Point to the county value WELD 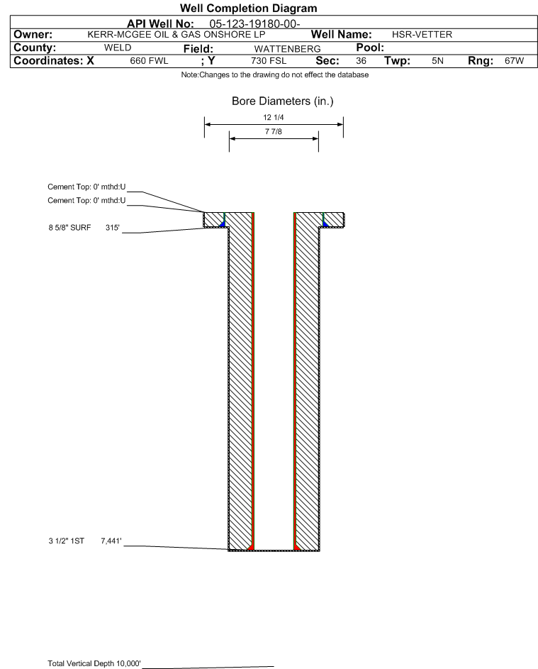click(x=118, y=48)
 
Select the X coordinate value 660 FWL click(x=149, y=61)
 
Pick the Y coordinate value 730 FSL click(x=269, y=61)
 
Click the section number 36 click(x=361, y=61)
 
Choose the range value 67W click(x=514, y=61)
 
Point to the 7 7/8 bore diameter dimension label click(x=274, y=131)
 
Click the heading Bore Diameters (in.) click(x=282, y=101)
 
